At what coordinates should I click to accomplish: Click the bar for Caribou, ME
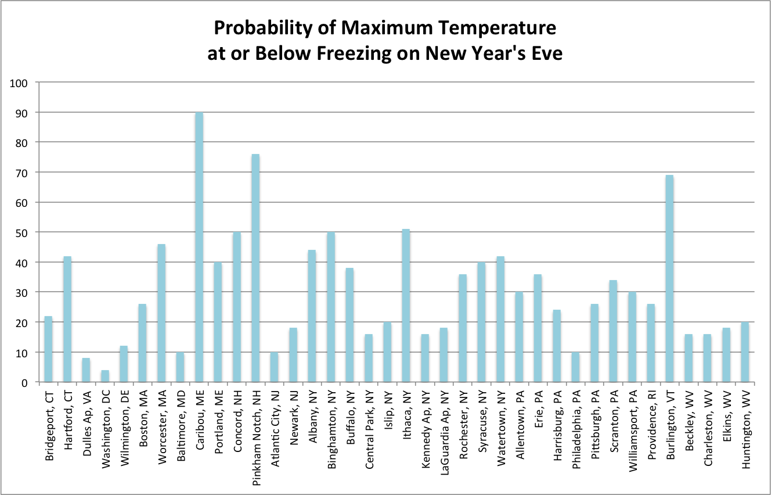(199, 247)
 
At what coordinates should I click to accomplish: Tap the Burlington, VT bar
(669, 278)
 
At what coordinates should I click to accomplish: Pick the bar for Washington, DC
(105, 376)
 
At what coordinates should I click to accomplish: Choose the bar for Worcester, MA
(161, 313)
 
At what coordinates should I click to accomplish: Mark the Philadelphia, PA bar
(575, 367)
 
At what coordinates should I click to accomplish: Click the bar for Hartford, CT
(67, 319)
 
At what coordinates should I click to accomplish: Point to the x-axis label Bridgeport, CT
(49, 426)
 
